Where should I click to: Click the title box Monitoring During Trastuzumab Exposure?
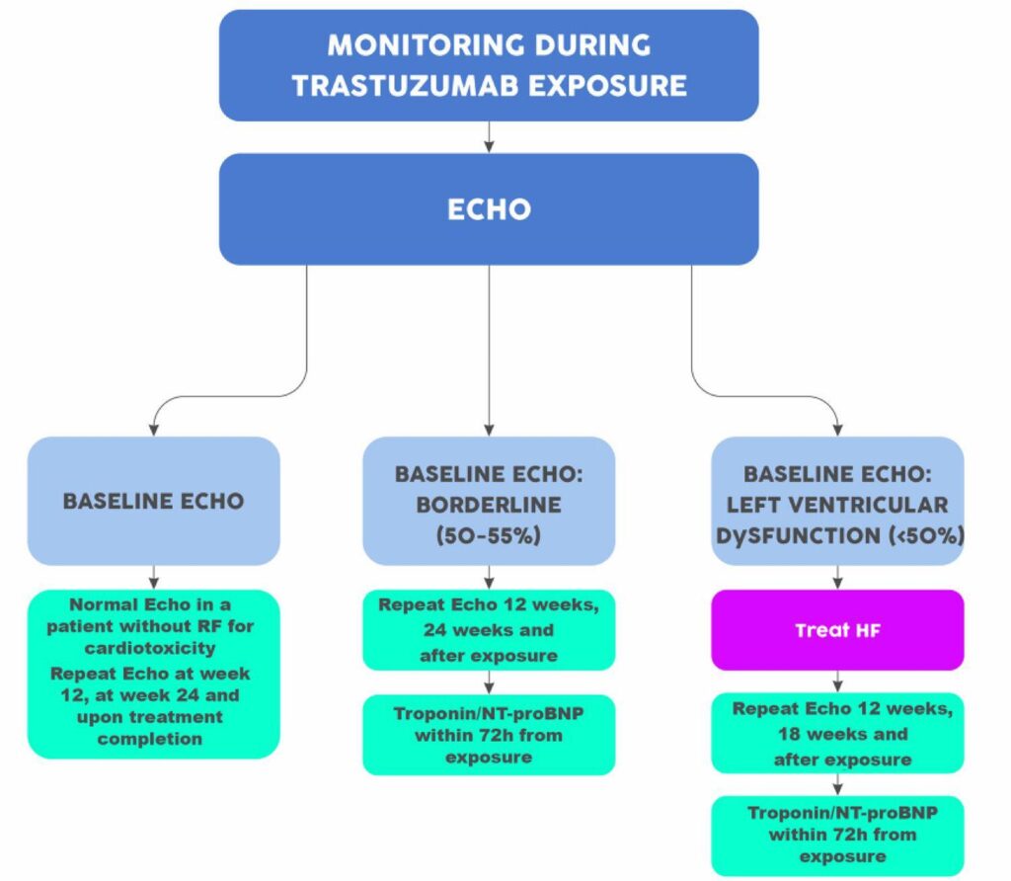pos(489,65)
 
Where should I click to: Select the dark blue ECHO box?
pos(489,209)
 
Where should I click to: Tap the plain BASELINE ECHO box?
pos(153,501)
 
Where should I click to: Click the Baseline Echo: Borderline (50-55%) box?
pos(489,501)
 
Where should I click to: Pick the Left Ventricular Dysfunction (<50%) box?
pos(837,501)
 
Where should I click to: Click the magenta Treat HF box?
pos(837,630)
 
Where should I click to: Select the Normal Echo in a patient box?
pos(153,674)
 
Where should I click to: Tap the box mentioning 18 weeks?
pos(837,733)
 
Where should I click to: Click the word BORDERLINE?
pos(489,505)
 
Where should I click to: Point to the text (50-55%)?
pos(489,535)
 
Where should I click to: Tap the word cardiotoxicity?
pos(150,648)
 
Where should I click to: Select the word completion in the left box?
pos(150,739)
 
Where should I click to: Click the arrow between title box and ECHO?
pos(489,137)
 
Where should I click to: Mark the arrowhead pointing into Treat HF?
pos(837,583)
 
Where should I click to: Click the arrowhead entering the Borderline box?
pos(489,431)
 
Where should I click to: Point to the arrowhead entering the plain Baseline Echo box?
pos(153,431)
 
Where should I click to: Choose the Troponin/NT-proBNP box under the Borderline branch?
pos(489,735)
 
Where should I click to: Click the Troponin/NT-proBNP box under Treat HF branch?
pos(837,836)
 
